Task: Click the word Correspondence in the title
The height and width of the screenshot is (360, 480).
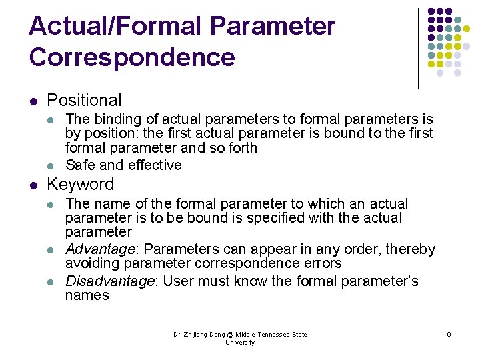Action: [x=132, y=57]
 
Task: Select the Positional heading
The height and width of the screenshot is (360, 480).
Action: [x=84, y=101]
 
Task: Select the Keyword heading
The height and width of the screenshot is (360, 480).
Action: [x=80, y=185]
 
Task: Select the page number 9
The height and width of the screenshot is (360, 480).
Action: [x=449, y=335]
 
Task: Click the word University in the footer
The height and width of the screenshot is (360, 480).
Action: [x=240, y=343]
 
